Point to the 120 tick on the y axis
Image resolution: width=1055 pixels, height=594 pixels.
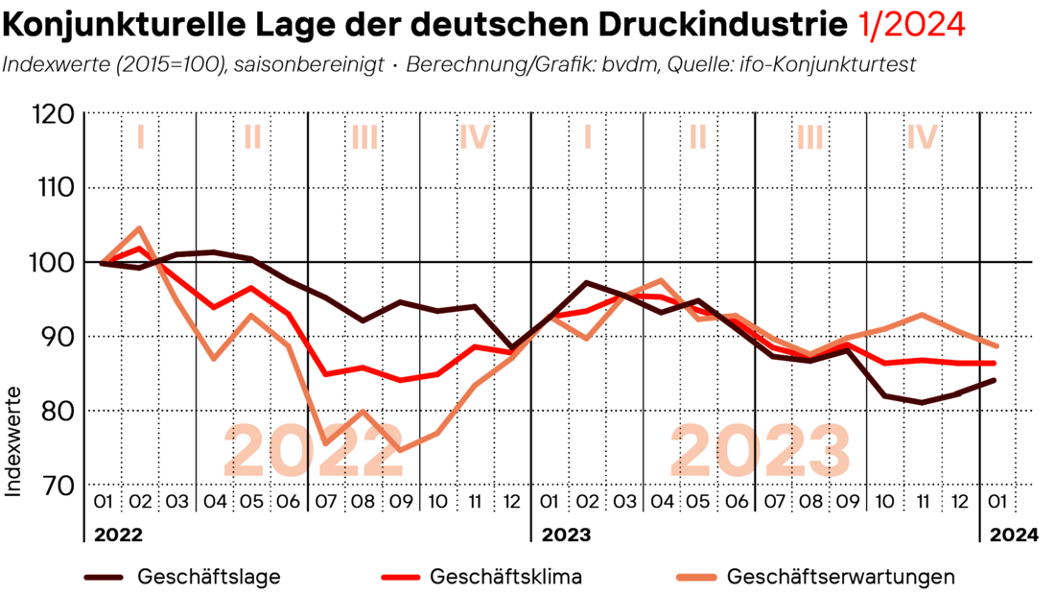[54, 114]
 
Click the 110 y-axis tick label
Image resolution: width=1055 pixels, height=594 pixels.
[54, 188]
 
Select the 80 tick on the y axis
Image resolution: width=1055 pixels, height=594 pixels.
[58, 411]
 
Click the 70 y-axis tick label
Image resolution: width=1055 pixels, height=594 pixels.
[58, 485]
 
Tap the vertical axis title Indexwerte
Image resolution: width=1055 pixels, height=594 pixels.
[14, 441]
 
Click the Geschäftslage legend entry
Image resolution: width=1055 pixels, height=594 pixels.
[209, 577]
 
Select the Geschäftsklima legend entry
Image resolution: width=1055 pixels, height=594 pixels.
[506, 577]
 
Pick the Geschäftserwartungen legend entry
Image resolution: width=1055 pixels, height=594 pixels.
[841, 577]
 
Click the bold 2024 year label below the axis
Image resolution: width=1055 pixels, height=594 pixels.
[1014, 535]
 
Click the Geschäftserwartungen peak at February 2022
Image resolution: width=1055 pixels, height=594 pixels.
[140, 228]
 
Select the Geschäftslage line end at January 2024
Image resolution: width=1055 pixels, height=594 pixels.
[995, 380]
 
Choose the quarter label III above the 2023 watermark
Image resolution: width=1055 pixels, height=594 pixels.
[810, 138]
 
